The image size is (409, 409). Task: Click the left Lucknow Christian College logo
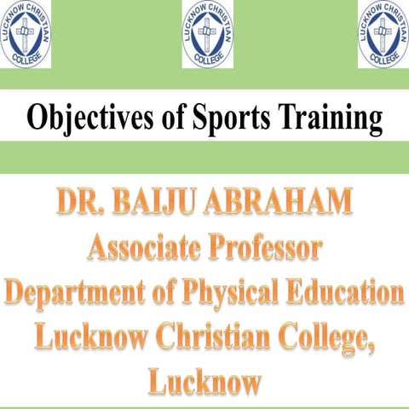click(26, 34)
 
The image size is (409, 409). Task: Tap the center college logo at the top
click(207, 34)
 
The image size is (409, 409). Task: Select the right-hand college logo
click(383, 34)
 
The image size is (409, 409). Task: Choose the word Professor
click(268, 249)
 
